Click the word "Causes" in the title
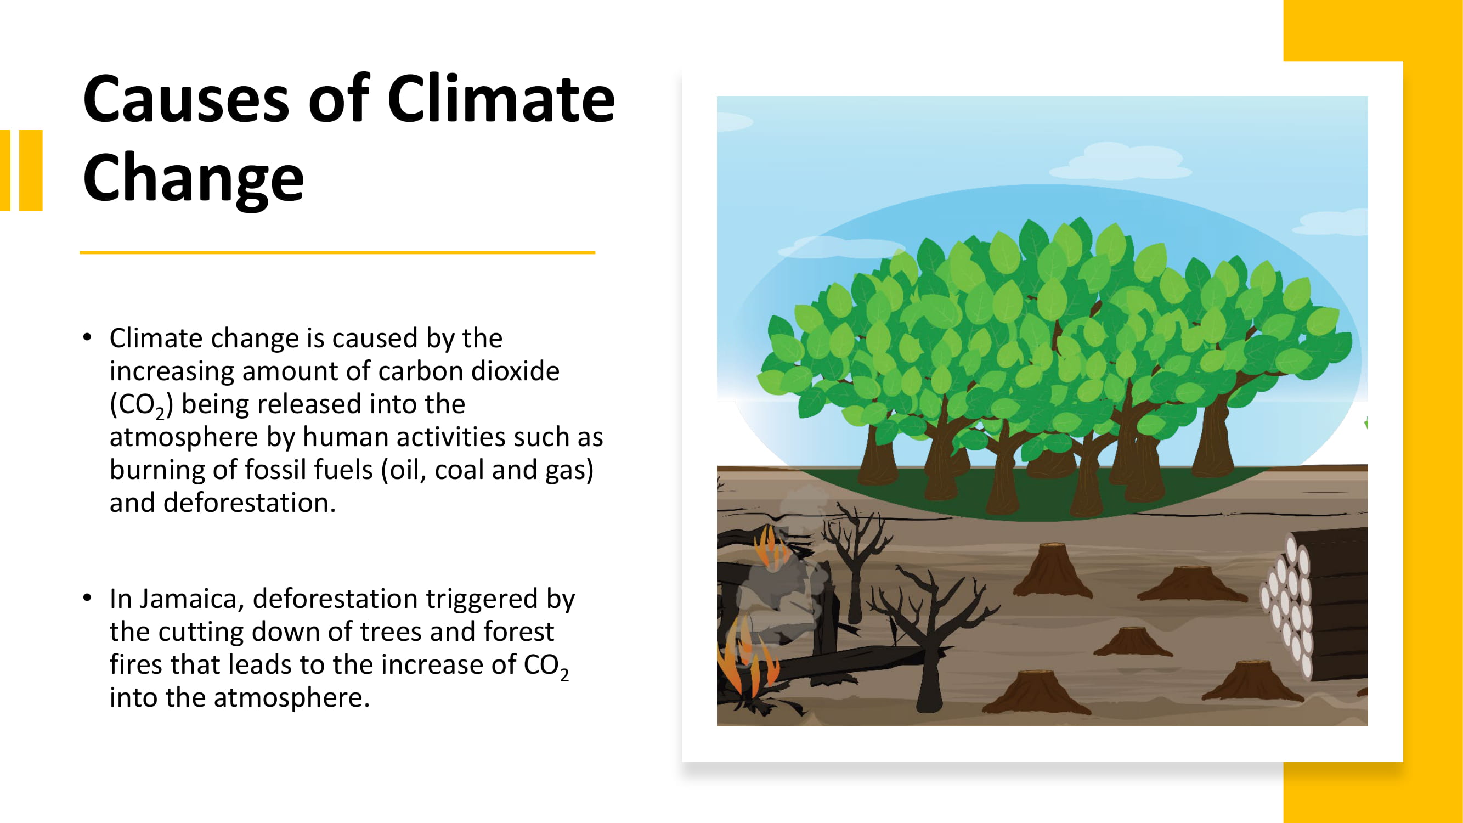pos(187,100)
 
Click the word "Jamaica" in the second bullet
pos(192,599)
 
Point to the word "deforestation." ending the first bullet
pos(223,503)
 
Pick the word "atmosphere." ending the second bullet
pos(292,698)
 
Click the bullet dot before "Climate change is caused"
pos(87,337)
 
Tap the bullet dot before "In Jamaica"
pos(87,598)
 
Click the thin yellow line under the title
pos(337,252)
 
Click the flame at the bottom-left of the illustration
pos(747,662)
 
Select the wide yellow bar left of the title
pos(31,171)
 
